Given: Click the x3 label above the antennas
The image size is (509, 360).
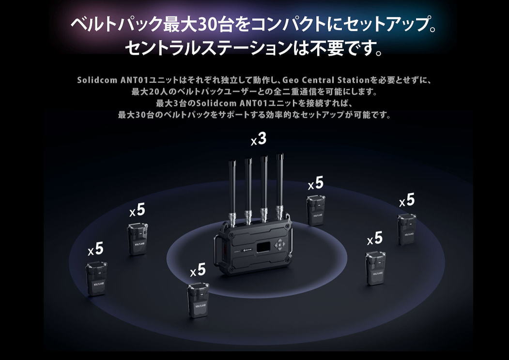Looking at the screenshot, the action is click(x=259, y=139).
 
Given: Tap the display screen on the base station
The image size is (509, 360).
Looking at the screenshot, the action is click(x=262, y=248).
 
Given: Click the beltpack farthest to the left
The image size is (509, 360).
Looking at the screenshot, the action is click(x=96, y=279).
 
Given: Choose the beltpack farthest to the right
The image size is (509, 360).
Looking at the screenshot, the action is click(x=407, y=229).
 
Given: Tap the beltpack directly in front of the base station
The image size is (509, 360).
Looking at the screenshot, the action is click(x=198, y=300).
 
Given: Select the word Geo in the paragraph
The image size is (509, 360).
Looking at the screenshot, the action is click(x=290, y=80).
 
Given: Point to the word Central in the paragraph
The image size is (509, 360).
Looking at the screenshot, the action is click(x=318, y=80).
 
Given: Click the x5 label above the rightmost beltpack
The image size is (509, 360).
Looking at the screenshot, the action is click(x=407, y=200).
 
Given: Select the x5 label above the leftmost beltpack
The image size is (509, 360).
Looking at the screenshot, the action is click(x=95, y=249).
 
